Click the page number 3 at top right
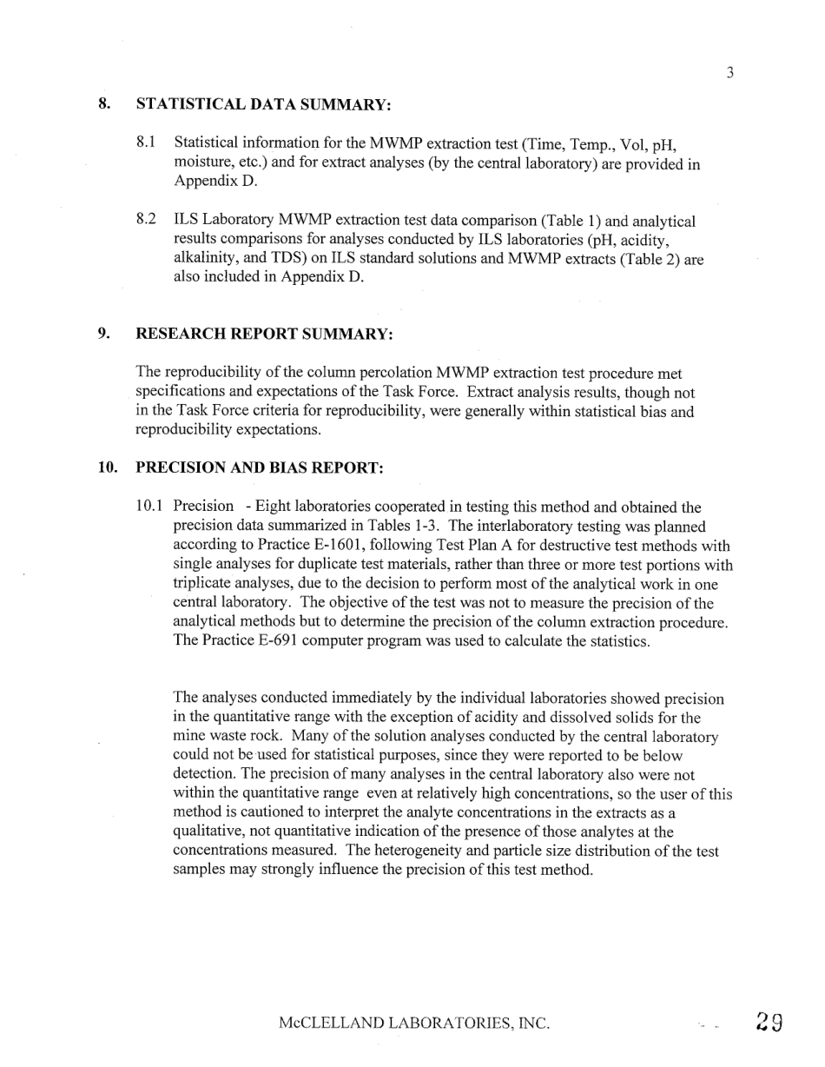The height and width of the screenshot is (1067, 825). coord(730,73)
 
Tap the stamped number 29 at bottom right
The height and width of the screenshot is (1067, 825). coord(769,1022)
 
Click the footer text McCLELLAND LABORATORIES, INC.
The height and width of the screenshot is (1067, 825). coord(414,1024)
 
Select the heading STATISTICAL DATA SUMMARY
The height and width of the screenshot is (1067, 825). coord(263,104)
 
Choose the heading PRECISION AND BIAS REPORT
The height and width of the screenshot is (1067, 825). coord(260,467)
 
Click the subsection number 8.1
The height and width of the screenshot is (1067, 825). coord(146,142)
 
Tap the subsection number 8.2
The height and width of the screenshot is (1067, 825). coord(146,221)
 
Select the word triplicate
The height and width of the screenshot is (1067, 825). coord(206,585)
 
